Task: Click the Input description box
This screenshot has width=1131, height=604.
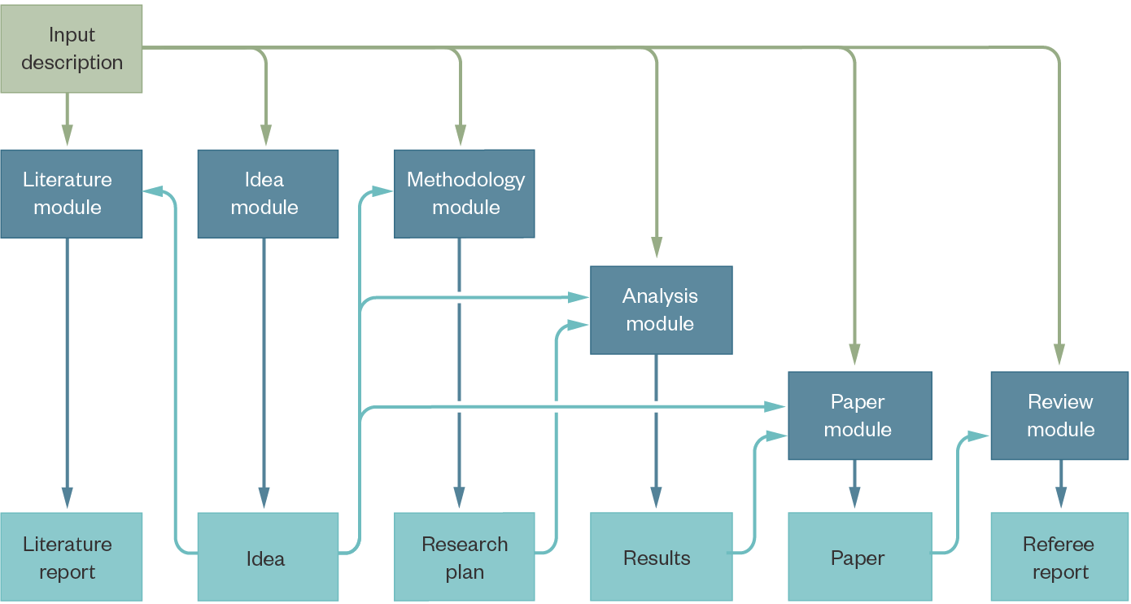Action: (72, 49)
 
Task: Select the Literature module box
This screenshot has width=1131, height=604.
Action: (72, 194)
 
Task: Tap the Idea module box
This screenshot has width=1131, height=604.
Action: (268, 194)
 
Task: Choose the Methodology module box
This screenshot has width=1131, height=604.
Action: (465, 194)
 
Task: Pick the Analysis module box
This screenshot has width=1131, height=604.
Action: (661, 310)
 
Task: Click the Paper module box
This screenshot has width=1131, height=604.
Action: (860, 416)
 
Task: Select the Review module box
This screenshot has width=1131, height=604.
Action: (1059, 416)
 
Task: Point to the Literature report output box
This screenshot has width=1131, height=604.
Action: (72, 557)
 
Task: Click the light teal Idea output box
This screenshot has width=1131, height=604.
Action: (268, 557)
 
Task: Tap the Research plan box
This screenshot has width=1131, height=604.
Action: (465, 557)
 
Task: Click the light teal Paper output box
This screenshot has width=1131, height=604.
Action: (860, 557)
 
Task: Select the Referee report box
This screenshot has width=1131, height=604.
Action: (1059, 557)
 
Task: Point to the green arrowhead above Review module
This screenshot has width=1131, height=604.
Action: (1059, 353)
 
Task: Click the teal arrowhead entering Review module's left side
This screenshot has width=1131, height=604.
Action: (978, 436)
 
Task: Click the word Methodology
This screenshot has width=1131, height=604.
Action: (466, 180)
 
